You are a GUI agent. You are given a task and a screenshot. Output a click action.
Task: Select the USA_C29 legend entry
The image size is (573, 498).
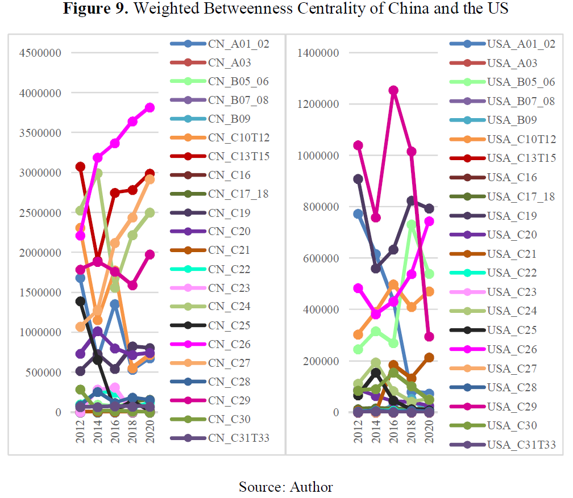pos(520,406)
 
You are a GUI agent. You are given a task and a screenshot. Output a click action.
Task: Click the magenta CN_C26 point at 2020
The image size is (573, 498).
pos(149,107)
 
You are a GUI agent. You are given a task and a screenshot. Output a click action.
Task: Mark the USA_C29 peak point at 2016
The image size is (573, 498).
pos(393,90)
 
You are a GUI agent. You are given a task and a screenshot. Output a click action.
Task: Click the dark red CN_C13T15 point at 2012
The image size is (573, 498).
pos(80,166)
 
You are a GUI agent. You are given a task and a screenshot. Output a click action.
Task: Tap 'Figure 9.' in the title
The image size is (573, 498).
pos(90,9)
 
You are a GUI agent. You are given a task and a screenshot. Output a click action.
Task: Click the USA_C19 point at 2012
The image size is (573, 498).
pos(358,179)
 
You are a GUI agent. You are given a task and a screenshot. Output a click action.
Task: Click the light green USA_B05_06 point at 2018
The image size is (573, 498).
pos(412,225)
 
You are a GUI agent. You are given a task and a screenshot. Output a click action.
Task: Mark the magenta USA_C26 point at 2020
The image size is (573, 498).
pos(429,221)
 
